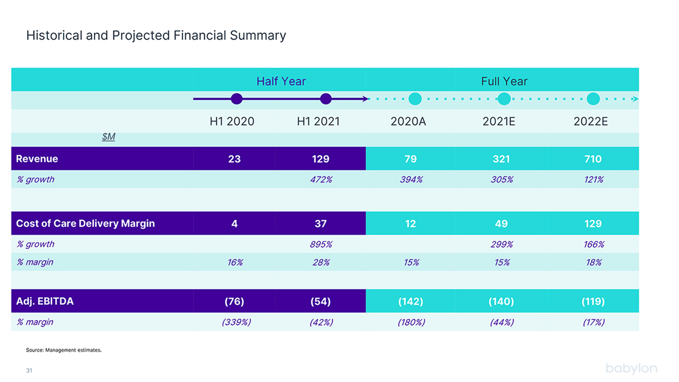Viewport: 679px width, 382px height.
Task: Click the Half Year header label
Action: coord(281,81)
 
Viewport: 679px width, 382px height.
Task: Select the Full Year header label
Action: coord(504,81)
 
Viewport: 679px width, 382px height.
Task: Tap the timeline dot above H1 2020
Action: coord(237,99)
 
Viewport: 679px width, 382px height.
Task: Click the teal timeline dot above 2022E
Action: coord(593,99)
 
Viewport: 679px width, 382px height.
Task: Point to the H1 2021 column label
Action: coord(318,121)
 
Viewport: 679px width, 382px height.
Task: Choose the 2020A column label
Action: coord(408,121)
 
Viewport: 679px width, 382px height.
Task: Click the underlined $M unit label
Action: coord(109,137)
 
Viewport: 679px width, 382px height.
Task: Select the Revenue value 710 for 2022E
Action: coord(593,159)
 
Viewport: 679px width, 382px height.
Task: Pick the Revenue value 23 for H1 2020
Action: coord(234,159)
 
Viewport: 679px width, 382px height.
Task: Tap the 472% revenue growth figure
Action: coord(321,179)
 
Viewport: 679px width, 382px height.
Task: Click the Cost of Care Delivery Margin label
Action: coord(85,223)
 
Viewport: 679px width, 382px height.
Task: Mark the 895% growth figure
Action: coord(321,245)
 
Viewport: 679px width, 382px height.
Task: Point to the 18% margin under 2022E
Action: coord(594,262)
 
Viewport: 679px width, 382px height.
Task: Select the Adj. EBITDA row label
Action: coord(45,301)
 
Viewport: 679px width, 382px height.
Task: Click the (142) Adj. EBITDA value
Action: coord(411,301)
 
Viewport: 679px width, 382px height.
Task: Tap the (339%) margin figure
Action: coord(237,322)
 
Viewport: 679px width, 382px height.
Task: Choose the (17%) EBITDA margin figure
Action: coord(594,322)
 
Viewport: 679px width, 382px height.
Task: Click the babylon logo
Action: coord(631,369)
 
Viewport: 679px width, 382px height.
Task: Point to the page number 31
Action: coord(29,370)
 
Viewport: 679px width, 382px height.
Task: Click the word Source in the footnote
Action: coord(35,350)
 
